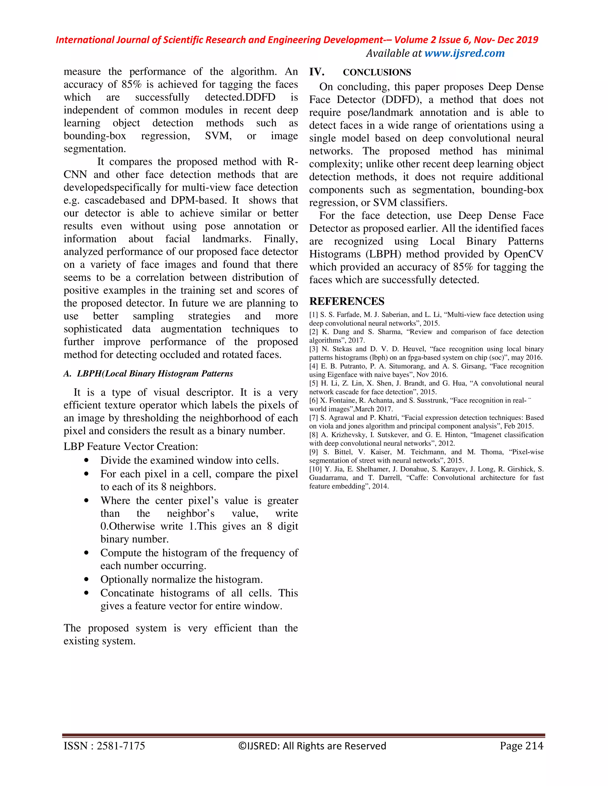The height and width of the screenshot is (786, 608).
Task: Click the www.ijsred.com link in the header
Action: [464, 53]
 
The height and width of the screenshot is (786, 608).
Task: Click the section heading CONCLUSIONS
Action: [377, 72]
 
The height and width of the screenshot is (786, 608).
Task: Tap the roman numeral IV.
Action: [316, 72]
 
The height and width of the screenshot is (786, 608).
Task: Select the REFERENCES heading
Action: [346, 301]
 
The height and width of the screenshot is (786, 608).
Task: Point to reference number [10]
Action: [315, 469]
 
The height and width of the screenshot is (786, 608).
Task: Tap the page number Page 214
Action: [521, 746]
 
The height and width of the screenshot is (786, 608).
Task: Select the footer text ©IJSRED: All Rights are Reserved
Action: [312, 746]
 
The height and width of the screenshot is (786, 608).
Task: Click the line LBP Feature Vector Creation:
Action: [131, 447]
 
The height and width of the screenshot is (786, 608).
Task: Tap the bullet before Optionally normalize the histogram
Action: [86, 580]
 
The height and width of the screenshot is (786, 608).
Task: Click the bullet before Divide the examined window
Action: [86, 461]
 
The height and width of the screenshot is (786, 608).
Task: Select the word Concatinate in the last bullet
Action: [127, 593]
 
